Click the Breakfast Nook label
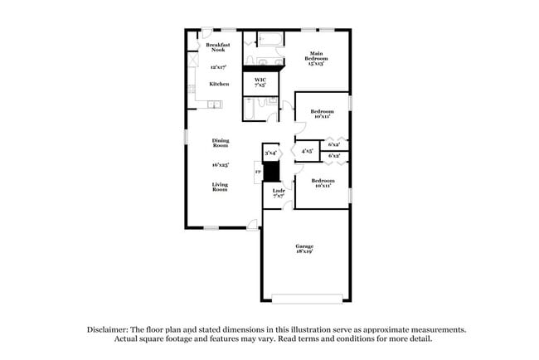(x=217, y=46)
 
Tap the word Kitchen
(x=219, y=84)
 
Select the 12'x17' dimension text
(x=218, y=66)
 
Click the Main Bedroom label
(x=318, y=57)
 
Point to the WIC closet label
(x=260, y=82)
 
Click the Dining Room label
(x=220, y=143)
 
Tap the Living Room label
(x=220, y=187)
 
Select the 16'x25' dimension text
(x=220, y=164)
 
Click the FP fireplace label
(x=258, y=173)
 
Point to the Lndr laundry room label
(x=279, y=194)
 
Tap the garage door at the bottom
(x=307, y=298)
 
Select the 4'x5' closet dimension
(x=307, y=152)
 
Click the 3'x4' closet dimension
(x=270, y=153)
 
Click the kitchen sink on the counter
(x=214, y=105)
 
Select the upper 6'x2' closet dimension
(x=334, y=144)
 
